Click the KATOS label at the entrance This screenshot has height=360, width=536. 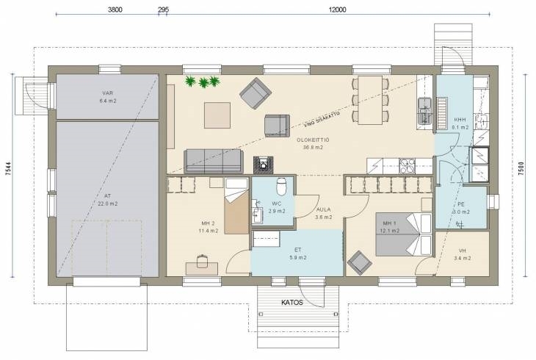pos(292,303)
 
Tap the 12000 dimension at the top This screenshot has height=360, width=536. pos(338,10)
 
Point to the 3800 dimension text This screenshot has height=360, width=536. pos(115,10)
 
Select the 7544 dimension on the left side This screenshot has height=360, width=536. pos(9,169)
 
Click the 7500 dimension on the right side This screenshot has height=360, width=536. pos(521,169)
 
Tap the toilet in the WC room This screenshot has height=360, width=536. pos(281,185)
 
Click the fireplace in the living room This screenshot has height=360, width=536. pos(263,165)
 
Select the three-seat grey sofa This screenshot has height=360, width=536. pos(214,161)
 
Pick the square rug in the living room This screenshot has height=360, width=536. pos(217,115)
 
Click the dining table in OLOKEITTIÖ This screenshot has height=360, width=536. pos(370,100)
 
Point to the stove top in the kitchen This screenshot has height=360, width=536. pos(407,166)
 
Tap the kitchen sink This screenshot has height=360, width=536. pos(425,110)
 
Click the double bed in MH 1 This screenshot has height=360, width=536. pos(404,234)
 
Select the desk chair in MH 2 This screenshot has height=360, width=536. pos(202,261)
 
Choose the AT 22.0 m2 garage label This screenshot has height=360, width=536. pos(107,200)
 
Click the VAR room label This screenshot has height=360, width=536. pos(108,93)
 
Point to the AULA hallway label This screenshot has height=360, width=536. pos(323,209)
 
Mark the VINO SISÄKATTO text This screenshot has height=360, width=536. pos(322,120)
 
